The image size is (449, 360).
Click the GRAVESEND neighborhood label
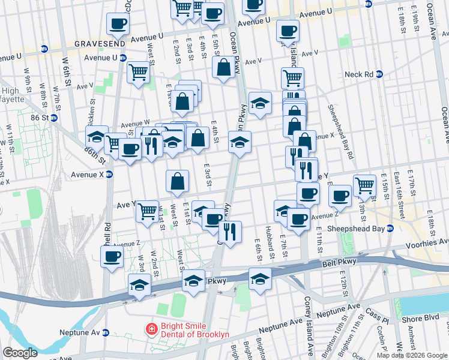click(x=99, y=44)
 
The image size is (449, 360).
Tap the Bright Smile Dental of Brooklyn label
click(x=196, y=329)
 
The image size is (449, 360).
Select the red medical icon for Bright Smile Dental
click(x=152, y=329)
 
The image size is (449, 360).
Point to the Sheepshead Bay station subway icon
click(x=390, y=228)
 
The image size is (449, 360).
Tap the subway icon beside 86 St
click(x=53, y=118)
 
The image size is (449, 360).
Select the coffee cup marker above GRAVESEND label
click(x=117, y=24)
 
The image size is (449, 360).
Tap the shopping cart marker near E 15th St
click(x=364, y=185)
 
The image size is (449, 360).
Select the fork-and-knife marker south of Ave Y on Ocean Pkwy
click(x=230, y=230)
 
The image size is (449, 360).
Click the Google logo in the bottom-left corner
click(x=20, y=353)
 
